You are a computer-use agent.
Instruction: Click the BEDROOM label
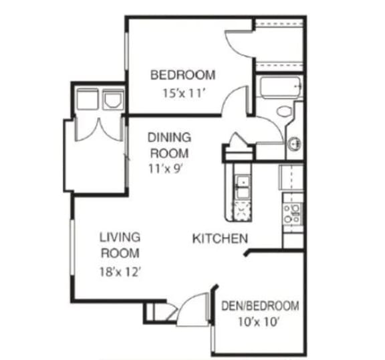182,74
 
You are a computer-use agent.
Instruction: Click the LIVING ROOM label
120,245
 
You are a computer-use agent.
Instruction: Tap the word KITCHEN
221,238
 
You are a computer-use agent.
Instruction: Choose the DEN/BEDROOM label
260,306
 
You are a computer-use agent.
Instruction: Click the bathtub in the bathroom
280,88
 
